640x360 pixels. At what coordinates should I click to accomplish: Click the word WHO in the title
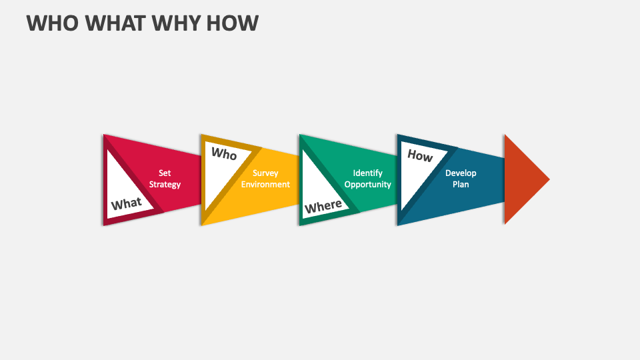pos(51,23)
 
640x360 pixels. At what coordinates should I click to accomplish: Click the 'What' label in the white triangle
pos(127,203)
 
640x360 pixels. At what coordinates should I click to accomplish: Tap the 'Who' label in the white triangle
pos(224,154)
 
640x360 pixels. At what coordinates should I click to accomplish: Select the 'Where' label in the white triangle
pos(323,206)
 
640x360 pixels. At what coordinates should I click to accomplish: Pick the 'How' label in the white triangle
pos(420,156)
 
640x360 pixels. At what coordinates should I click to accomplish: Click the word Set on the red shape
pos(165,173)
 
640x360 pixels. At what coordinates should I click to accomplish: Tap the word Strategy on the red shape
pos(165,185)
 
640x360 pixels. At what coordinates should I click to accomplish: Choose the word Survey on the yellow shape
pos(265,173)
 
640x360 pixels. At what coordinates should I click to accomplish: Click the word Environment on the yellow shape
pos(265,185)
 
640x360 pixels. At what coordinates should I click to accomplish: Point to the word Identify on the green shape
pos(368,173)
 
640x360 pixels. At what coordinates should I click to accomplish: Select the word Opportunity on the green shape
pos(368,185)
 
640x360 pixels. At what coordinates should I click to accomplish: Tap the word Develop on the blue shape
pos(461,173)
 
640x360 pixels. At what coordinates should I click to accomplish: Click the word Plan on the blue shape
pos(461,185)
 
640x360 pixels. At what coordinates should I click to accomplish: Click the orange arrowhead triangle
pos(523,179)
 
